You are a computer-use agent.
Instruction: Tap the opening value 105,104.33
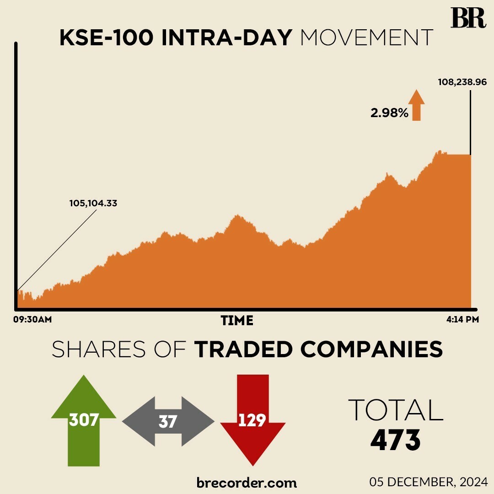[x=93, y=203]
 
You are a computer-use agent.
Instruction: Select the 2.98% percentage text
[x=389, y=113]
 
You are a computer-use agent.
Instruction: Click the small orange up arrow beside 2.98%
[x=416, y=105]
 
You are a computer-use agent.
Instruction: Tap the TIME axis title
[x=237, y=321]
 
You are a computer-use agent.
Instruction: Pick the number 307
[x=84, y=419]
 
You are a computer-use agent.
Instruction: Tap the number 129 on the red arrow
[x=252, y=420]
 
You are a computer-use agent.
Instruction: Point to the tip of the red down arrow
[x=252, y=463]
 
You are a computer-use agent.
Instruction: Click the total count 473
[x=395, y=440]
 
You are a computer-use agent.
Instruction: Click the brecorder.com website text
[x=247, y=483]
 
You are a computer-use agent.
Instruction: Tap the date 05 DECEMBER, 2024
[x=428, y=482]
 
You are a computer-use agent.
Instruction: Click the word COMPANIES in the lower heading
[x=372, y=350]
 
